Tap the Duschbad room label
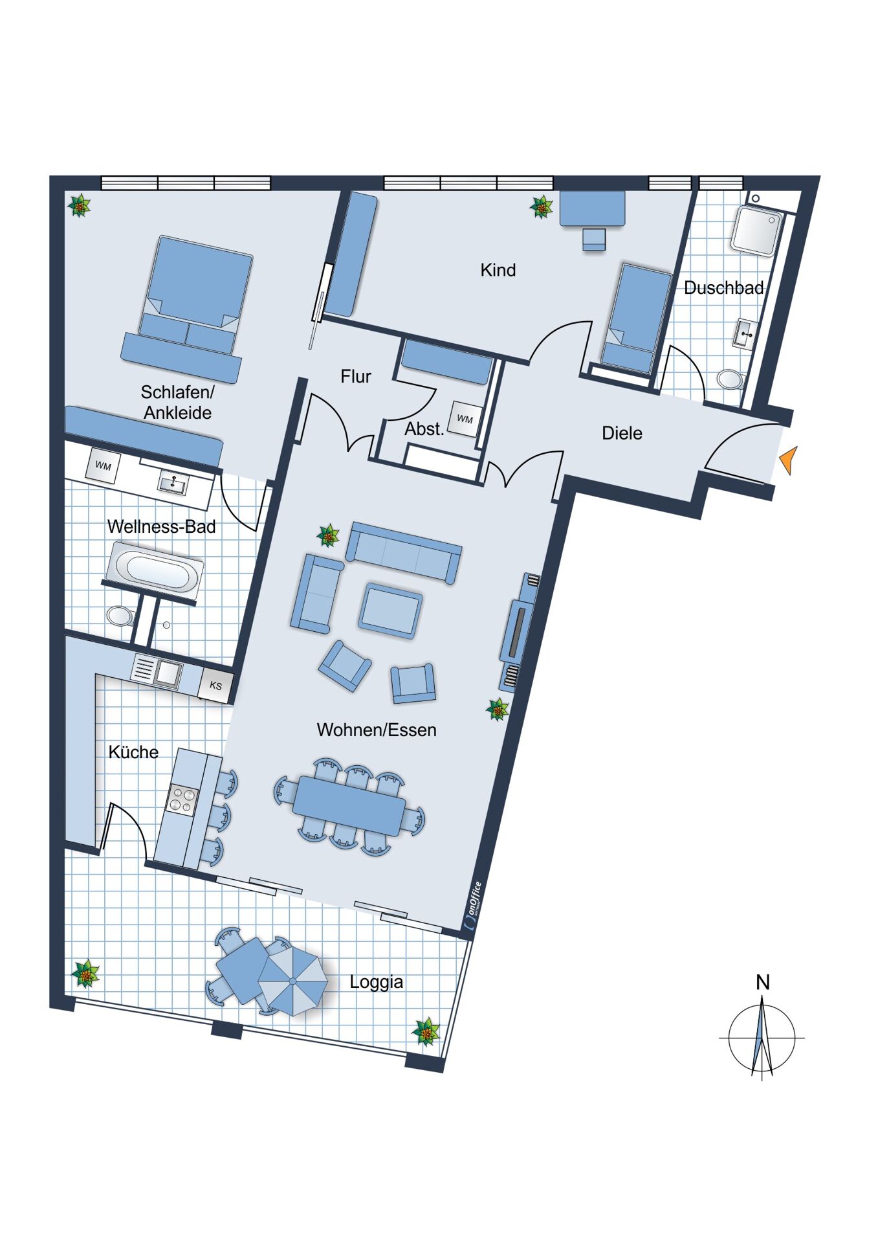pos(723,287)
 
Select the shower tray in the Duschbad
pos(756,230)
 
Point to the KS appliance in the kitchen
pos(216,685)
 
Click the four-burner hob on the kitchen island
pos(182,799)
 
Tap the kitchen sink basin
pos(166,674)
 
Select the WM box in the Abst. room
pos(465,419)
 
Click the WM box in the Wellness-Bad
pos(104,465)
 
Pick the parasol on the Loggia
pos(293,981)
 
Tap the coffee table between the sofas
pos(390,609)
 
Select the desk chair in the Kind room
pos(594,240)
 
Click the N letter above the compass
pos(763,983)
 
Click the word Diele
pos(622,433)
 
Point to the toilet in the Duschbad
pos(731,379)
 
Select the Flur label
pos(356,376)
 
